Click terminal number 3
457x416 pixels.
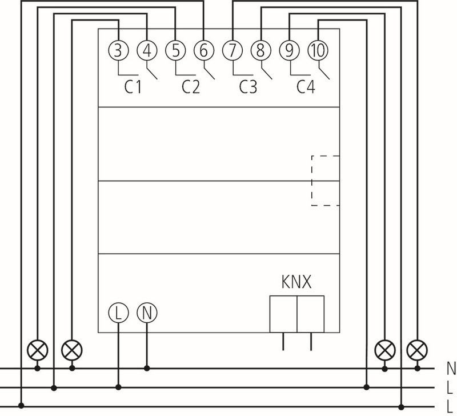118,51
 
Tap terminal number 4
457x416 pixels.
147,51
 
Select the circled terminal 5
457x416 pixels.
175,51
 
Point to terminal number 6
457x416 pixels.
204,51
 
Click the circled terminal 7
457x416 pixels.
232,51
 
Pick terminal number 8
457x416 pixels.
261,51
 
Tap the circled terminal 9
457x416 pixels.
290,51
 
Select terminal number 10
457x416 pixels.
318,51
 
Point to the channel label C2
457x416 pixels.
190,87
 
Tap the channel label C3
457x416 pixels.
248,87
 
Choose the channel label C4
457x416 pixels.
306,87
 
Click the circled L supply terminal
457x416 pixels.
118,313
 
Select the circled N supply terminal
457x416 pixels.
147,313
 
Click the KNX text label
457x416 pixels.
296,283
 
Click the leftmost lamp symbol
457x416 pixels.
38,348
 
